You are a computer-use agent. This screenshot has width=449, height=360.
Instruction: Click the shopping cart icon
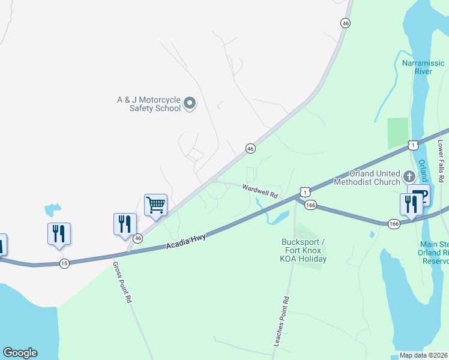(155, 205)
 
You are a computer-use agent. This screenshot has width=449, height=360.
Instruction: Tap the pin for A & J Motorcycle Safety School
(190, 104)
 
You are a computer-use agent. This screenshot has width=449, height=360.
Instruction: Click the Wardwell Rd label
(260, 191)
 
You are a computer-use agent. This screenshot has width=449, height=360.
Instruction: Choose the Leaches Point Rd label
(282, 321)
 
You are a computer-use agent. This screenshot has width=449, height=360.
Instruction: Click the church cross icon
(409, 176)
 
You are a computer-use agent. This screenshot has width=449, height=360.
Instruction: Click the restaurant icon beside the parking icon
(411, 204)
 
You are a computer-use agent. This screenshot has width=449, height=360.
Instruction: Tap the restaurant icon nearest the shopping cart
(125, 224)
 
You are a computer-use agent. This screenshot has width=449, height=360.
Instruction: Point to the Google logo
(20, 353)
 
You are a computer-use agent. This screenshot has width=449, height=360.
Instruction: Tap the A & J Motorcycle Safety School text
(148, 104)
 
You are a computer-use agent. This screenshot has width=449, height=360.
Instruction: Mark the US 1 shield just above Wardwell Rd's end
(306, 192)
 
